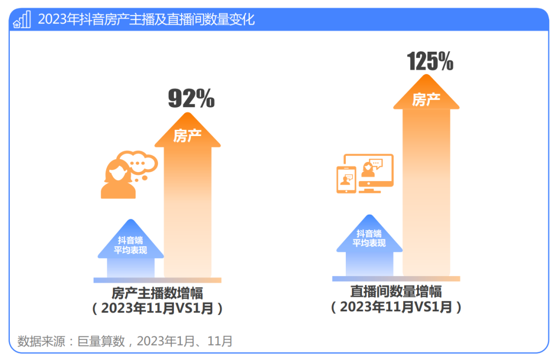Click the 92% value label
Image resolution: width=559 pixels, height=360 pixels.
[191, 98]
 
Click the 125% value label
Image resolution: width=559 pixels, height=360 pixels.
[430, 61]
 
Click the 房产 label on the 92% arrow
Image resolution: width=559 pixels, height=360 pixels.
[187, 136]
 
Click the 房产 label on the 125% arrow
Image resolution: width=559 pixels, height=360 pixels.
[426, 99]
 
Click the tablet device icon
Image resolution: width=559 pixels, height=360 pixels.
[346, 179]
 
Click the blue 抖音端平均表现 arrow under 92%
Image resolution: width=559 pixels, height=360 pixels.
[130, 248]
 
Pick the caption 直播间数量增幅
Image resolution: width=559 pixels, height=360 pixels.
[396, 291]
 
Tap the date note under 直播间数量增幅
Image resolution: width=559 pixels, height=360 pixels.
[396, 306]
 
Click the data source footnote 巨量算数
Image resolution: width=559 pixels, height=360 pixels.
[125, 341]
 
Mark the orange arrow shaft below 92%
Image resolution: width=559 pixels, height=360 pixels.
[187, 217]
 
